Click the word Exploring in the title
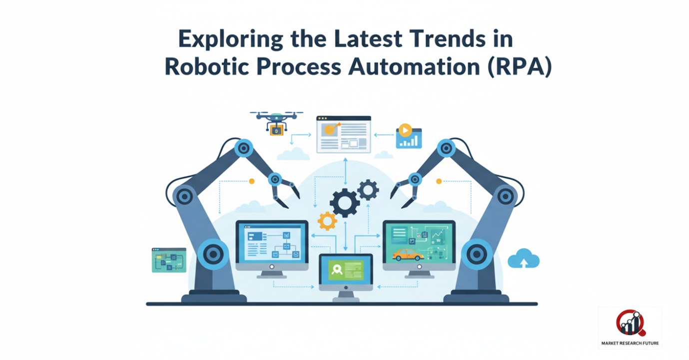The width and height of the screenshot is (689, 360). click(231, 39)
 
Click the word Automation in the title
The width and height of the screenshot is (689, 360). click(414, 66)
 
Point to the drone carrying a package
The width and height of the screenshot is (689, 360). click(276, 123)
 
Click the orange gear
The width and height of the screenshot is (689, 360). click(327, 221)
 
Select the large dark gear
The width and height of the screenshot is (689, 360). click(345, 203)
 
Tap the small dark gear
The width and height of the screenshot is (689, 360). click(368, 190)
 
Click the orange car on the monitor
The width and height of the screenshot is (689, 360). click(408, 255)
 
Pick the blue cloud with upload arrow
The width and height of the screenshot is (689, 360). click(524, 258)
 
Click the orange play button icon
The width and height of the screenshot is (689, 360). click(405, 130)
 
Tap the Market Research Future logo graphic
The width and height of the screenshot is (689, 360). click(631, 323)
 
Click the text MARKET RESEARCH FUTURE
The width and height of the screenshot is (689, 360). click(630, 343)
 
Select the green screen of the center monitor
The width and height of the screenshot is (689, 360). click(346, 270)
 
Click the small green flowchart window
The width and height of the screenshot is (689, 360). click(169, 260)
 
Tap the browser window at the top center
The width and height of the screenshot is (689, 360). click(344, 134)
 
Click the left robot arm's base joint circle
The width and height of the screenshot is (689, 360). click(212, 254)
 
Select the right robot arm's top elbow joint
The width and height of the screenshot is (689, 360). click(446, 149)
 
